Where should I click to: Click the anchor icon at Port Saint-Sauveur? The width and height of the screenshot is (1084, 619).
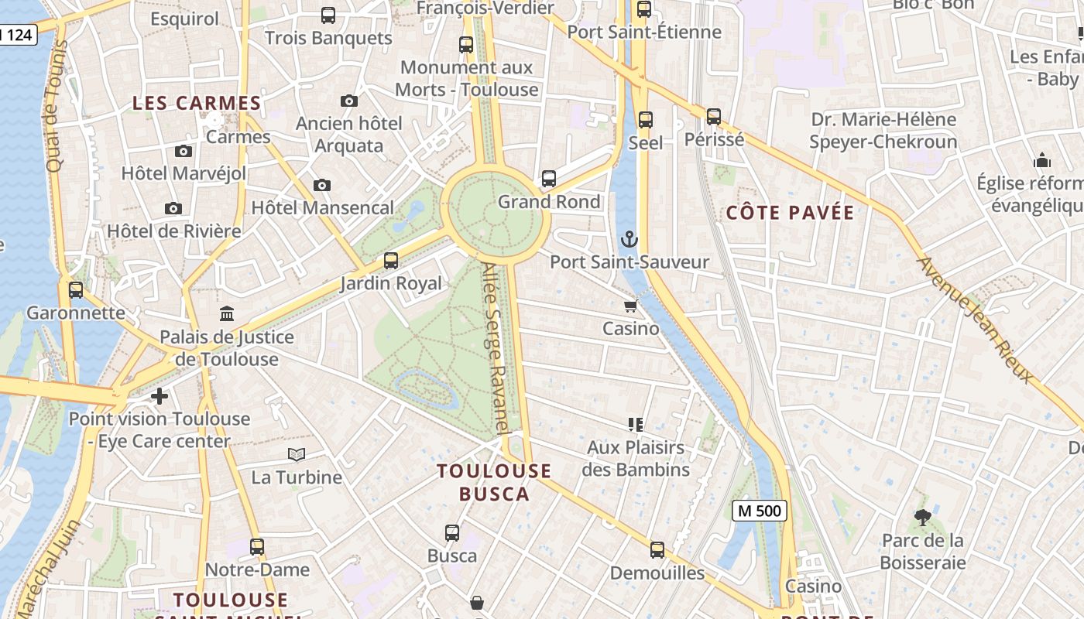click(x=630, y=238)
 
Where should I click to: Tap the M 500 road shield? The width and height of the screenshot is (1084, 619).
click(x=759, y=511)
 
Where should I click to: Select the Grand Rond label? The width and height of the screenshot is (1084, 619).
click(x=549, y=202)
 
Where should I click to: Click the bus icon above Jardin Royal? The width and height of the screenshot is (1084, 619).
click(x=391, y=261)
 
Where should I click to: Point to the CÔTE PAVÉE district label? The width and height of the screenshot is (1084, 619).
click(x=790, y=213)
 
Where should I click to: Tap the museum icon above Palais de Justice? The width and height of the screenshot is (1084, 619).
click(x=227, y=313)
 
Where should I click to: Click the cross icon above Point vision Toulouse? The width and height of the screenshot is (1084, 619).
click(x=160, y=396)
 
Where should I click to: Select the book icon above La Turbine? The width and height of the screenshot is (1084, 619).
click(x=297, y=454)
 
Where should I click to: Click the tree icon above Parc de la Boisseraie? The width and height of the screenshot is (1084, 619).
click(x=922, y=517)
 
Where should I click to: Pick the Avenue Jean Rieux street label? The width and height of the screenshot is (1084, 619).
click(x=976, y=320)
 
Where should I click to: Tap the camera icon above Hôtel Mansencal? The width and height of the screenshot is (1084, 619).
click(x=322, y=185)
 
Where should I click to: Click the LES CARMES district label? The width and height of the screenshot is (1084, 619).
click(x=197, y=103)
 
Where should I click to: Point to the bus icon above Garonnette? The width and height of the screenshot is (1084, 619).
click(x=76, y=290)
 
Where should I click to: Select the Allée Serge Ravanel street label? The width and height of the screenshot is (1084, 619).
click(x=496, y=348)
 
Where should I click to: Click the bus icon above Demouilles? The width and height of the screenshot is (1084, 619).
click(x=657, y=550)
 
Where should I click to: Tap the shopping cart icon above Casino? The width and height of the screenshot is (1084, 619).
click(x=631, y=306)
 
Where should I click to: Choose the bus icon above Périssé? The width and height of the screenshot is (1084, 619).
click(x=714, y=117)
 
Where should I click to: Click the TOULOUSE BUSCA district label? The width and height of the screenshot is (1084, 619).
click(x=494, y=482)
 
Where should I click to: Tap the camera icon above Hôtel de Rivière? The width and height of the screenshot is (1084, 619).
click(x=173, y=208)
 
